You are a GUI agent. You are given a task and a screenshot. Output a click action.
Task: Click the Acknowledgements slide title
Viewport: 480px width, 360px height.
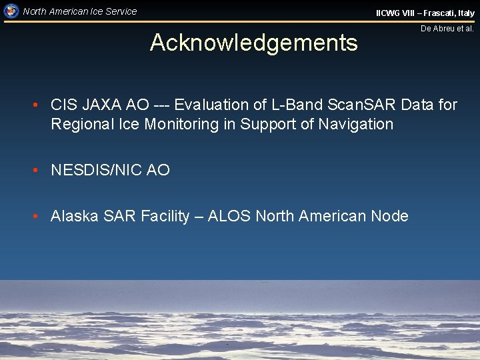pyautogui.click(x=253, y=43)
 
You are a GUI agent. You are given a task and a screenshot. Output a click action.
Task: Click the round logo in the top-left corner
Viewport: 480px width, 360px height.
pyautogui.click(x=11, y=11)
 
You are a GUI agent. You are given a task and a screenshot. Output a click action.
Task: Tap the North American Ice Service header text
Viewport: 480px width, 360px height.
pyautogui.click(x=79, y=11)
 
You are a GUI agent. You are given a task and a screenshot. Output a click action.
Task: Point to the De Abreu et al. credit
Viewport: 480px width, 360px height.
pyautogui.click(x=447, y=29)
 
